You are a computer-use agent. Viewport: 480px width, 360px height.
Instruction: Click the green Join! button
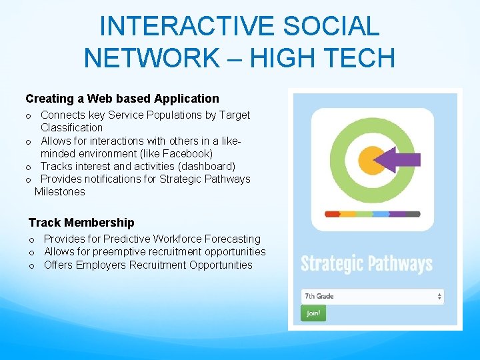(x=313, y=313)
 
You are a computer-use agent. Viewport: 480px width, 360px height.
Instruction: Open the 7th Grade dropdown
(x=373, y=296)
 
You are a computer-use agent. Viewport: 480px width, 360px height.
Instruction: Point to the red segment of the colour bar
(x=332, y=214)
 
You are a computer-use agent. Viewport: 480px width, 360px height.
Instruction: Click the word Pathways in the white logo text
(x=400, y=264)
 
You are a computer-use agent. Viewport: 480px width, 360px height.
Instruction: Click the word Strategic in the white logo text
(x=331, y=264)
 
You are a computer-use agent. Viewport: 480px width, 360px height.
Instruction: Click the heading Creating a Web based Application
(x=122, y=99)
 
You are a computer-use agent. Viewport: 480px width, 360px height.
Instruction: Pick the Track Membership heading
(x=81, y=223)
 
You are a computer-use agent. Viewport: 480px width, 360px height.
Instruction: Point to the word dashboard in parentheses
(x=207, y=166)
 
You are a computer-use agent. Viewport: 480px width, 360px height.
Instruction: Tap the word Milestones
(x=60, y=192)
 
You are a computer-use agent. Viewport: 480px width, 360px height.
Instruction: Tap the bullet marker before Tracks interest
(x=29, y=167)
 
